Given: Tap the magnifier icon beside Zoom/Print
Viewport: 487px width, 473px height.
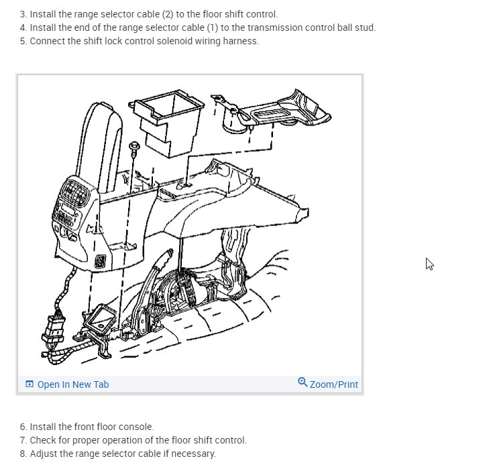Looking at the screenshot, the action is point(303,382).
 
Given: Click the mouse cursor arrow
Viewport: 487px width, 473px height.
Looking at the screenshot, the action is point(429,264).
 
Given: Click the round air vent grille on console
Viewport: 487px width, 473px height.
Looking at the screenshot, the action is point(75,192).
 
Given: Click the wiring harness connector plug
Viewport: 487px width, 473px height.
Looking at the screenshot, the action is point(54,329).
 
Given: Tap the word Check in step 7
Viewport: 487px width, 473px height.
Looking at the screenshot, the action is point(42,440).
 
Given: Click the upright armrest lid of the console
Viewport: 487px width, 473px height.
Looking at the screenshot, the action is point(99,146).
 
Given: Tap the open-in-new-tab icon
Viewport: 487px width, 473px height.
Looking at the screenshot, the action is point(30,384).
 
